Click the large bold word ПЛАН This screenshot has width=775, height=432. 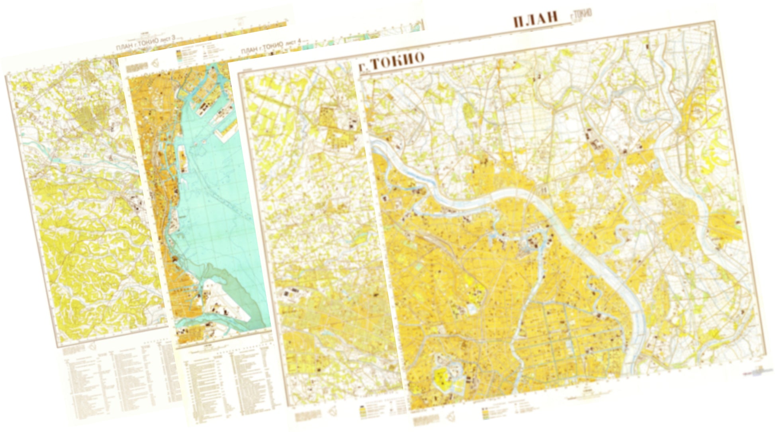pos(535,20)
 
